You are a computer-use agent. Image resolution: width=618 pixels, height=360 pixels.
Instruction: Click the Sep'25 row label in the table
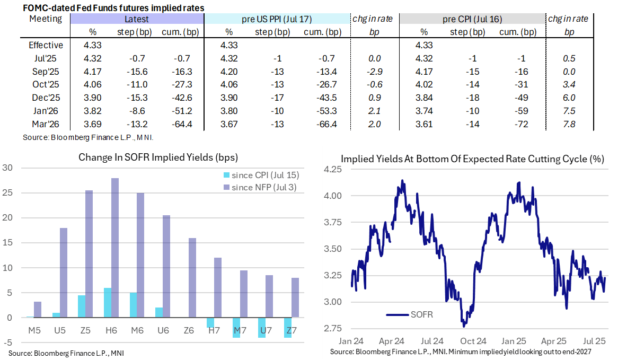point(46,71)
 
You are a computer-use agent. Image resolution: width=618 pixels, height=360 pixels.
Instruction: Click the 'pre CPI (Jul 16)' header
point(472,19)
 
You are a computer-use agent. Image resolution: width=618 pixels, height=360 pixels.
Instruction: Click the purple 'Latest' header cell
point(137,19)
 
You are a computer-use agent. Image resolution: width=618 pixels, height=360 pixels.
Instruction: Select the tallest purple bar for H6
point(114,248)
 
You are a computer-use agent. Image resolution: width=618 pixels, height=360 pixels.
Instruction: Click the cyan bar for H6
point(107,303)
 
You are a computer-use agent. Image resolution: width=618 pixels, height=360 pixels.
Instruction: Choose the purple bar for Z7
point(295,297)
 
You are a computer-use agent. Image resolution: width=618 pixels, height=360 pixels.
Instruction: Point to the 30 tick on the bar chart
point(7,168)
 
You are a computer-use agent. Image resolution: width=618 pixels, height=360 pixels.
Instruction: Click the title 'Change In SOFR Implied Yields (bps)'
point(158,157)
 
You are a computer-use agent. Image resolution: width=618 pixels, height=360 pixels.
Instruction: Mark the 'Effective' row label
point(46,45)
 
